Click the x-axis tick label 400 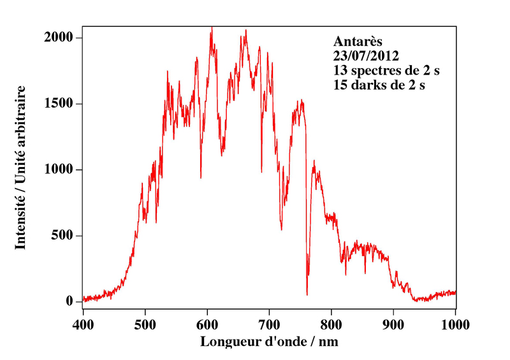83,323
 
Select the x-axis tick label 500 145,323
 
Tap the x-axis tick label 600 207,323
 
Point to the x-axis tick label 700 269,323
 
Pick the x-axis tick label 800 331,323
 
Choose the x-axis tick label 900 393,323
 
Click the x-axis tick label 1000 455,323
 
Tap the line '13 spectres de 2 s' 386,70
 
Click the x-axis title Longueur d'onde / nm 269,342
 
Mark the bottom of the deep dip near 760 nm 307,294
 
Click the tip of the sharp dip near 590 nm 201,178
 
